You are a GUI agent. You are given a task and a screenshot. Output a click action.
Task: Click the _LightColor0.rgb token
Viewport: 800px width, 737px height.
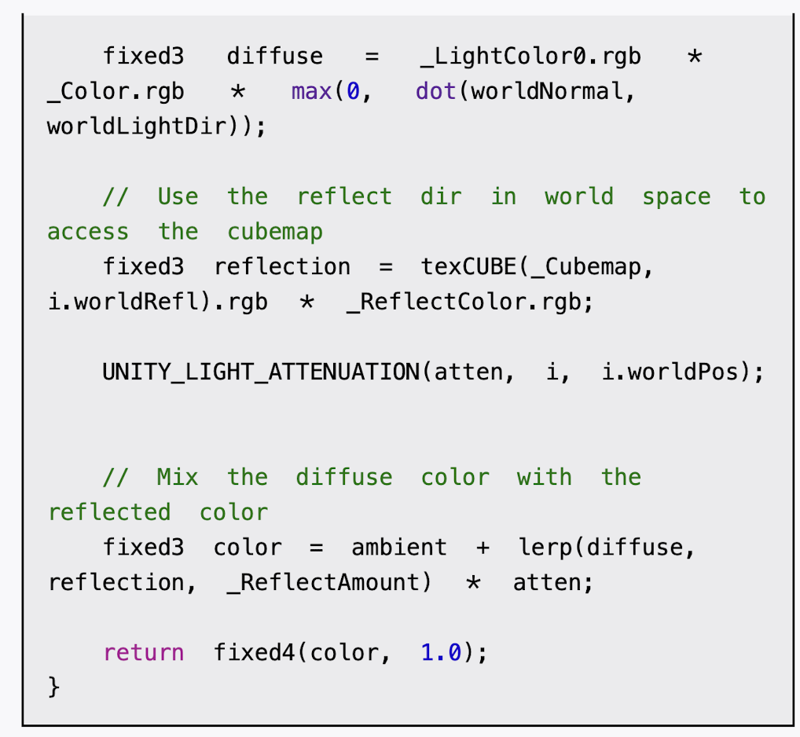tap(530, 57)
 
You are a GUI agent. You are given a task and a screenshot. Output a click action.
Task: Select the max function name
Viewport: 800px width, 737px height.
tap(311, 92)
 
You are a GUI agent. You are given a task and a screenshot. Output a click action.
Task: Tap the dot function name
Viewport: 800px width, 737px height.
tap(436, 92)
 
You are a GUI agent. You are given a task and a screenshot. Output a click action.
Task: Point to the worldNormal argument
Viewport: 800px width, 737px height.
tap(546, 92)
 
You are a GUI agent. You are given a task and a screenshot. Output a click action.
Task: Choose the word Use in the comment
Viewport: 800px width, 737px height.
tap(178, 196)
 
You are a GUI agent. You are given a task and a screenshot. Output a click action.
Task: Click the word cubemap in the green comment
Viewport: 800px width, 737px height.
tap(275, 232)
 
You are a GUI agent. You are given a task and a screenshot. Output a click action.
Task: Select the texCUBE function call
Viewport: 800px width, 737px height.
tap(469, 267)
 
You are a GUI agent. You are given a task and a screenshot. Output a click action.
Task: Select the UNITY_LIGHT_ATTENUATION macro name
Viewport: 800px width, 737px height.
tap(261, 372)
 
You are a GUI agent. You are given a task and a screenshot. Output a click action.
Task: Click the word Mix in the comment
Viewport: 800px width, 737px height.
tap(178, 477)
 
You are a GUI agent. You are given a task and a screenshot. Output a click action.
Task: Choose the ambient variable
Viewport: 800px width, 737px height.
tap(399, 548)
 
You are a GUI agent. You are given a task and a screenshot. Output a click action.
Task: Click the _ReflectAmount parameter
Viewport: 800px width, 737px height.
tap(324, 583)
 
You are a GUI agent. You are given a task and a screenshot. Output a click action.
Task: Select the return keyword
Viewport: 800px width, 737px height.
tap(144, 653)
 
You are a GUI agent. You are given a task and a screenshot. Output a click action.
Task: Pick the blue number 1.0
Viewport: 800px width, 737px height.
tap(441, 653)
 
